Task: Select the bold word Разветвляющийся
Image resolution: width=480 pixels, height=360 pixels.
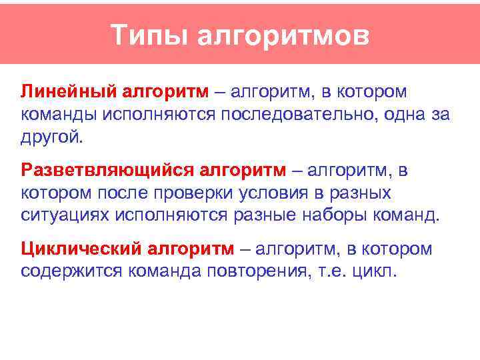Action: point(107,170)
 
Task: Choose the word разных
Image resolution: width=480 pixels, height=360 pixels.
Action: point(362,193)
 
